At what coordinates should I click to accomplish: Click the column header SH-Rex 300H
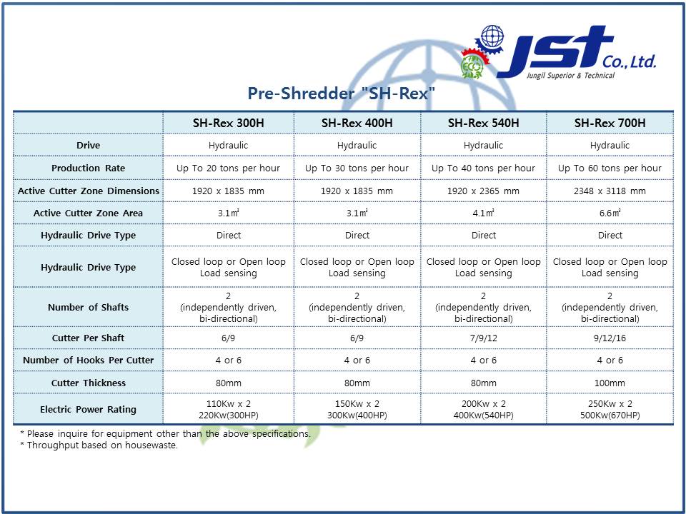click(229, 123)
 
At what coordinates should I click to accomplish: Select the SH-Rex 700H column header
click(610, 123)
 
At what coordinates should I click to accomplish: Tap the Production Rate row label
click(89, 168)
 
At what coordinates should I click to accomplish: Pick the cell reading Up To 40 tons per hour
click(484, 168)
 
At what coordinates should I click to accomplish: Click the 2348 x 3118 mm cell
click(610, 191)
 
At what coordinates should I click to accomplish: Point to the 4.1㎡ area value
click(484, 213)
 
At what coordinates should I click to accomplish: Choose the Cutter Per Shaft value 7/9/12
click(484, 338)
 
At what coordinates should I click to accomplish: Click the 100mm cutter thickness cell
click(610, 383)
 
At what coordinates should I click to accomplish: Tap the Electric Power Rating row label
click(89, 410)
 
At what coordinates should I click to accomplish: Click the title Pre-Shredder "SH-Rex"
click(342, 93)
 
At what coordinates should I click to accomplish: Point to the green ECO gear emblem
click(472, 66)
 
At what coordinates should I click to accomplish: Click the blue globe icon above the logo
click(492, 36)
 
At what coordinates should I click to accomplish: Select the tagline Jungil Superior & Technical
click(570, 75)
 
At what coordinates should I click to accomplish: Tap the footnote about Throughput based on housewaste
click(99, 445)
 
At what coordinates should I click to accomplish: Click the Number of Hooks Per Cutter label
click(89, 360)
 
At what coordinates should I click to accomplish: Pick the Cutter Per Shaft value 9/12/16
click(610, 338)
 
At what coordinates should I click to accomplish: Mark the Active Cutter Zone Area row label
click(89, 213)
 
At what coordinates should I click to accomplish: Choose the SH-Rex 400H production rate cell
click(357, 168)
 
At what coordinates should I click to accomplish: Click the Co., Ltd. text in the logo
click(629, 61)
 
